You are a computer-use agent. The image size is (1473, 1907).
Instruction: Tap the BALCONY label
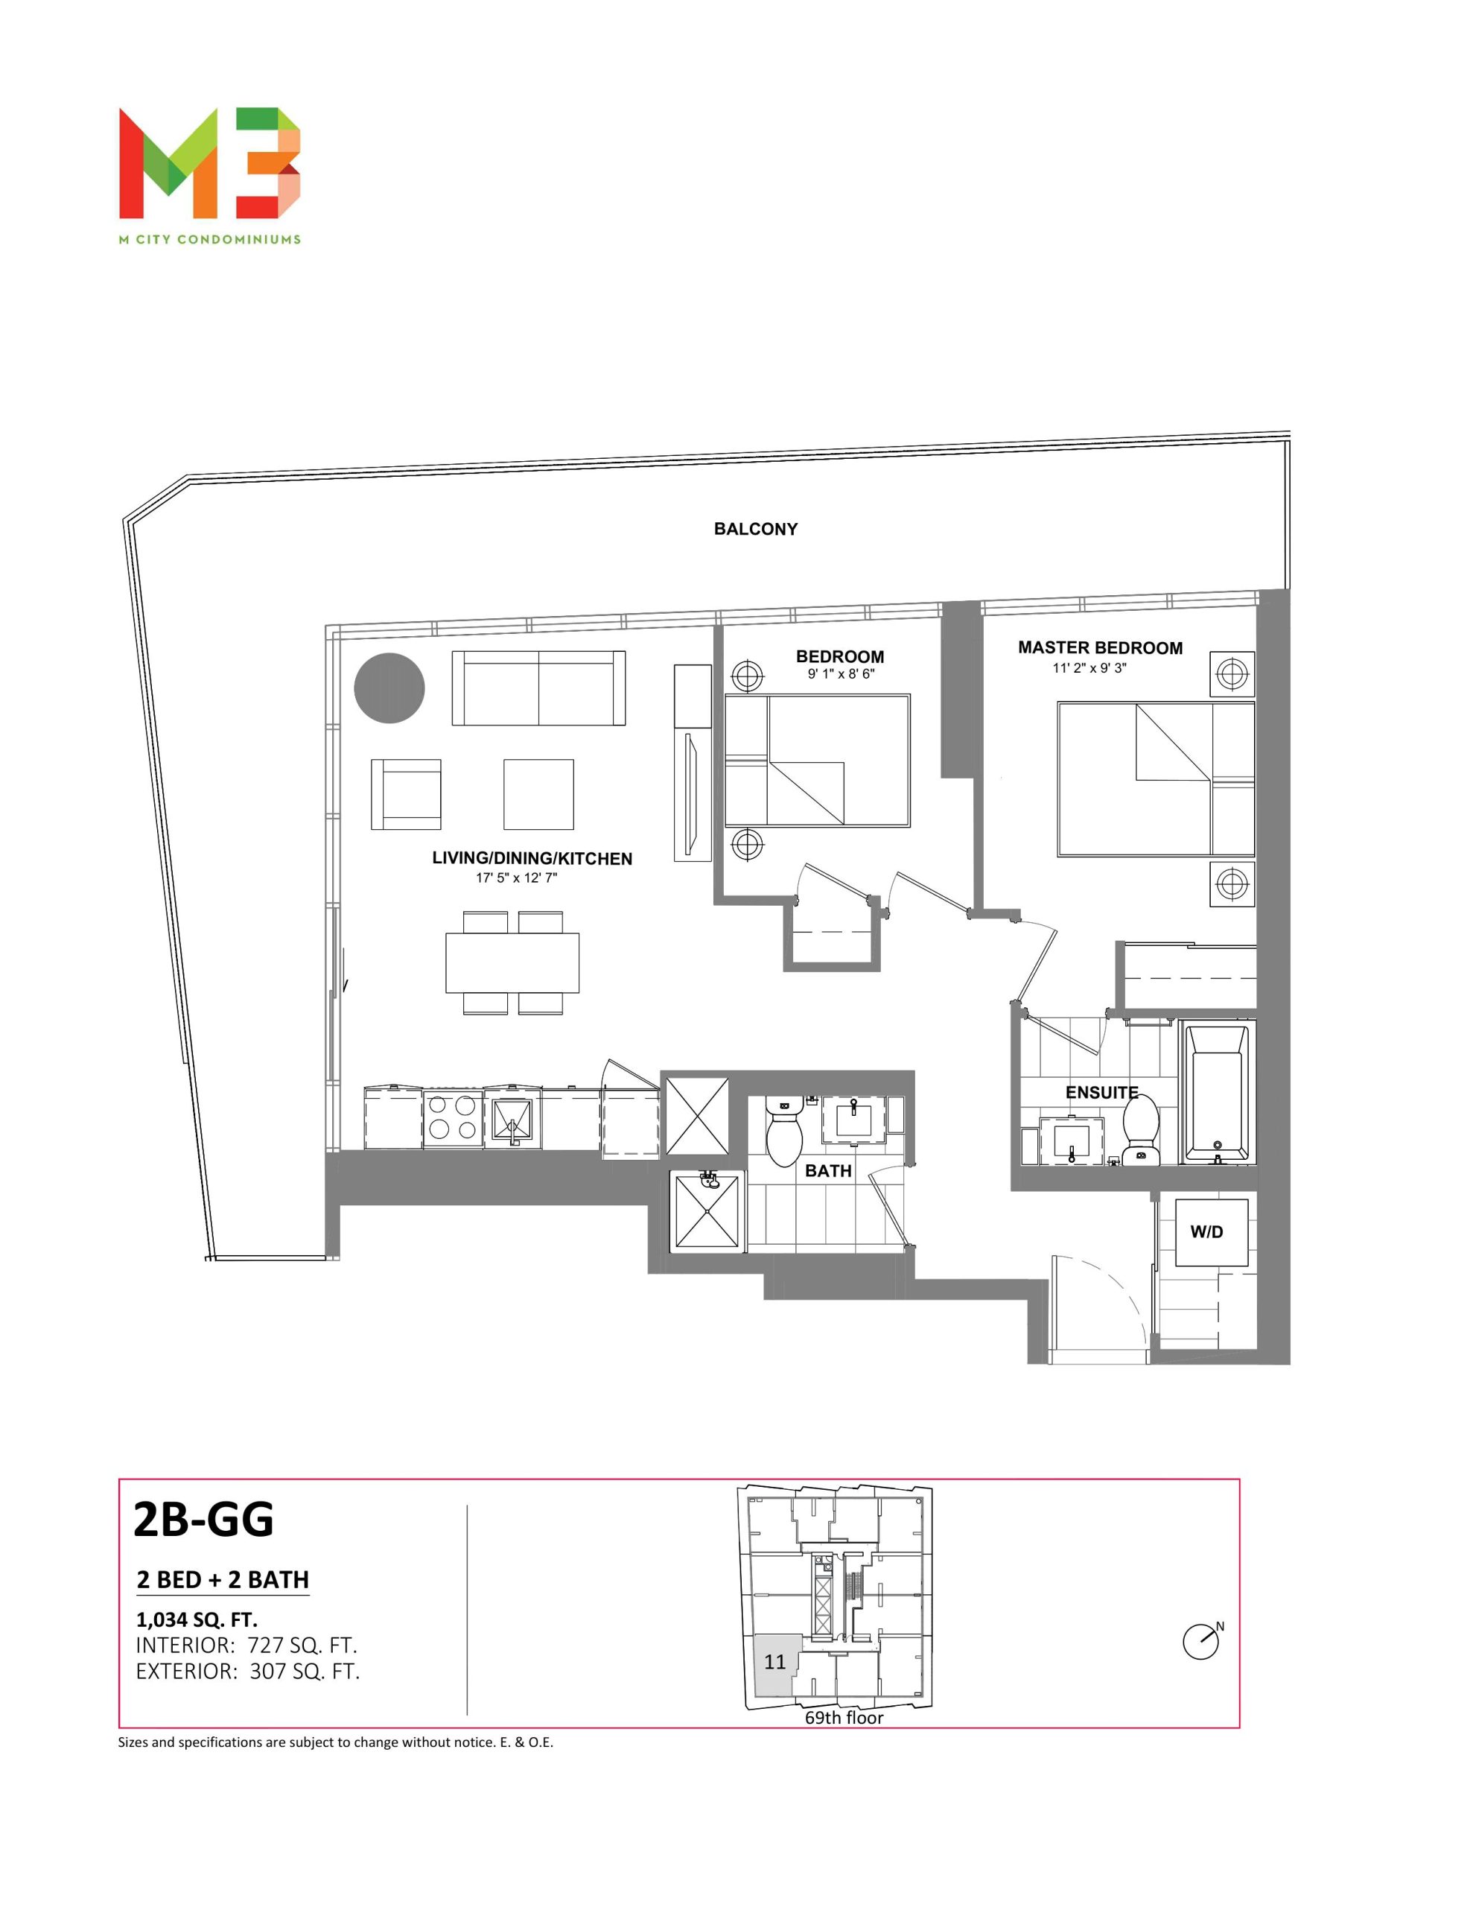(755, 529)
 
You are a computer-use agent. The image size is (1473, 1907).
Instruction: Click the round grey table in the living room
(389, 688)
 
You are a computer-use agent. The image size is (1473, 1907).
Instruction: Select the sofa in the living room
(538, 688)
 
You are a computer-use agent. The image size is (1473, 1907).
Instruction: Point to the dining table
(512, 962)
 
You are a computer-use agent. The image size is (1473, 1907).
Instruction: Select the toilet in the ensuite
(1140, 1131)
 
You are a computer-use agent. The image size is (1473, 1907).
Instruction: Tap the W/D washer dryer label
(1206, 1232)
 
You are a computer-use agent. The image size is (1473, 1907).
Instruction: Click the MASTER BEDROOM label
(1100, 648)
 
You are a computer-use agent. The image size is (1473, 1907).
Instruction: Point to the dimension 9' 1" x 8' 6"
(840, 674)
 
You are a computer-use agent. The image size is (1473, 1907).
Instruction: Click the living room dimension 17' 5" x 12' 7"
(516, 878)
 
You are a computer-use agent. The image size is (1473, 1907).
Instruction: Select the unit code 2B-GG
(203, 1520)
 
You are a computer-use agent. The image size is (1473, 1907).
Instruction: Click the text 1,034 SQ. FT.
(197, 1619)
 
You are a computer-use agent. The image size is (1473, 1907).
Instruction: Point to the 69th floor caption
(844, 1719)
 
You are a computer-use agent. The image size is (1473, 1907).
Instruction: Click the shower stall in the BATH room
(707, 1212)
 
